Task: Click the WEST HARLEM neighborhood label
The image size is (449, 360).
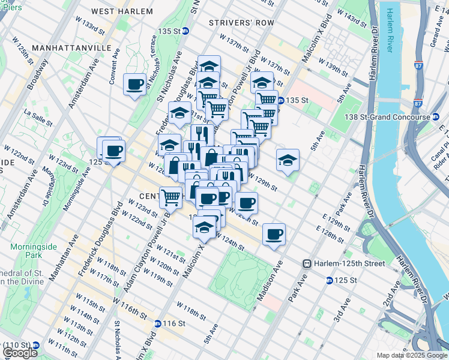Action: tap(119, 11)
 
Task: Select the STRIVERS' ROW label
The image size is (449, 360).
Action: tap(241, 23)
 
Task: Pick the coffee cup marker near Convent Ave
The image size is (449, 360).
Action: tap(135, 84)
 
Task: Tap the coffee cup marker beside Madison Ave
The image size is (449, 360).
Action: tap(274, 235)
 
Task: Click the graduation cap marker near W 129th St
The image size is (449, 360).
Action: tap(288, 160)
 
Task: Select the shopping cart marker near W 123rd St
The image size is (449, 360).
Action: tap(171, 196)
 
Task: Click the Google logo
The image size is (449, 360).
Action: tap(20, 353)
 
